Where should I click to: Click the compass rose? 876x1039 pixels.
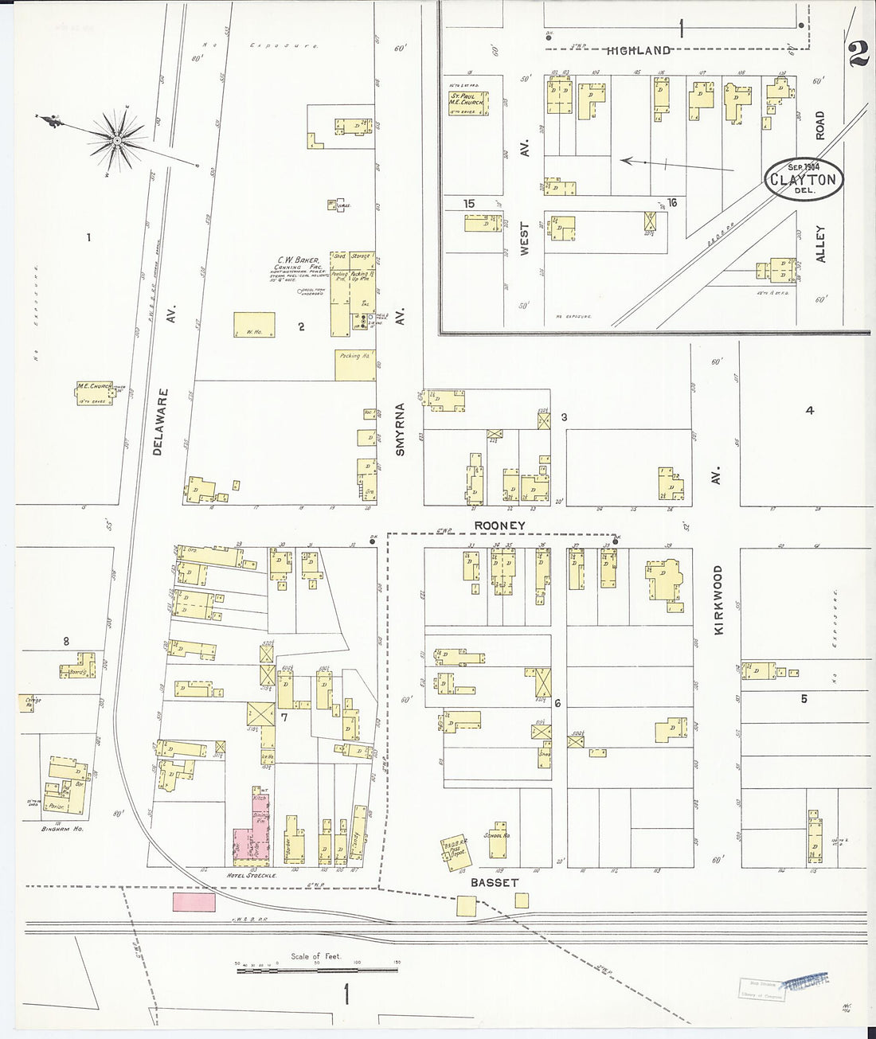[x=116, y=141]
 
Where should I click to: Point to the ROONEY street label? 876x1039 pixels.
[x=499, y=525]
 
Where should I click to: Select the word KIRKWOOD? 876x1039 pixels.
[x=718, y=600]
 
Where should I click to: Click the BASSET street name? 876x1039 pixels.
[x=494, y=882]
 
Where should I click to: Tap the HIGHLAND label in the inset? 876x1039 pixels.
[x=638, y=51]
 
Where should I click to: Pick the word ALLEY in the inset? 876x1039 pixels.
[x=820, y=244]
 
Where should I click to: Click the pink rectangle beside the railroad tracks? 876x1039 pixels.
[x=194, y=902]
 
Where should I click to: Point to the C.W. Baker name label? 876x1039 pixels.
[x=298, y=260]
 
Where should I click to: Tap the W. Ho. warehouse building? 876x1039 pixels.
[x=254, y=324]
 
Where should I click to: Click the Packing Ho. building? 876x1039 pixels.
[x=354, y=365]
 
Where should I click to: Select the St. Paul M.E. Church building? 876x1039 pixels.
[x=468, y=102]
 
